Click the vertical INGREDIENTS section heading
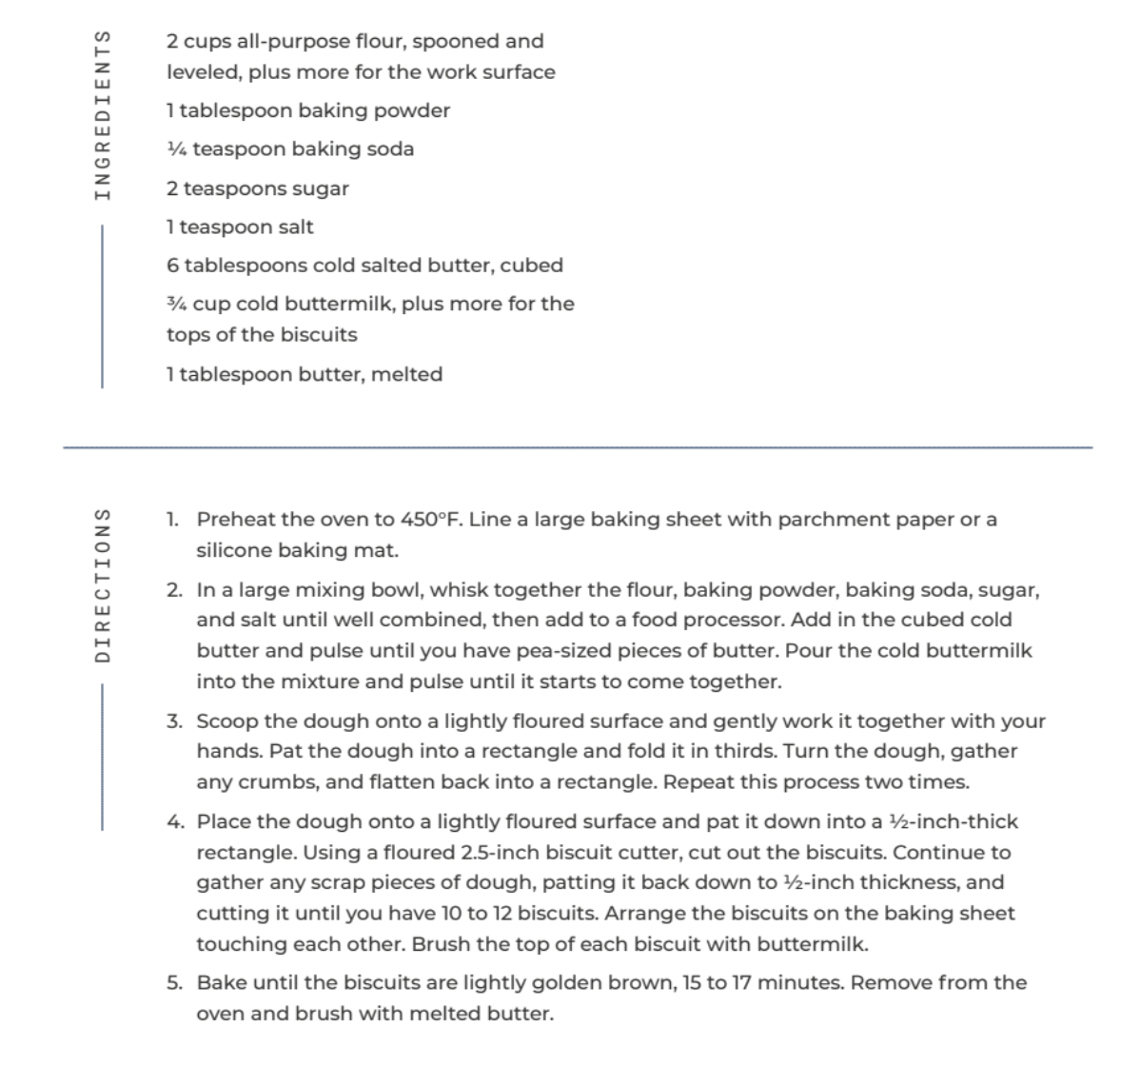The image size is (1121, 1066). (103, 114)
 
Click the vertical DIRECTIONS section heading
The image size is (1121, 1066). (103, 583)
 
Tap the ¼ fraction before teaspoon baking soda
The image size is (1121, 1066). (176, 149)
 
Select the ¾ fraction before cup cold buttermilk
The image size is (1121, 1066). (176, 304)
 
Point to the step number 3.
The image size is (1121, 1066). (174, 721)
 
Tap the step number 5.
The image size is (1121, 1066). (174, 982)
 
